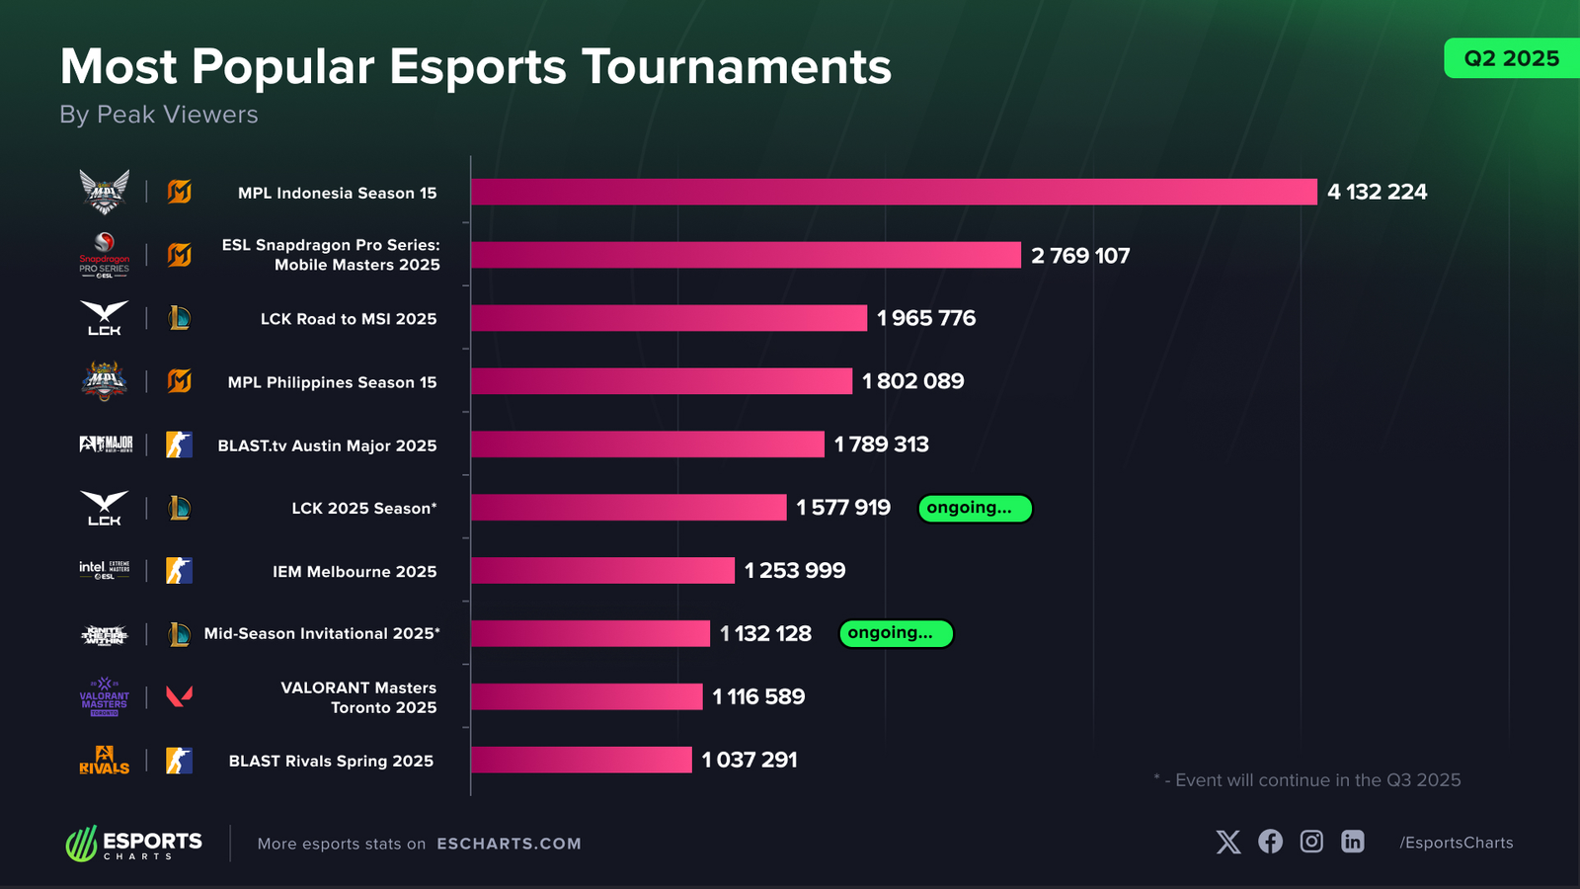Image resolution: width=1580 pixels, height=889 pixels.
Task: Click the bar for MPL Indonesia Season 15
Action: [x=894, y=192]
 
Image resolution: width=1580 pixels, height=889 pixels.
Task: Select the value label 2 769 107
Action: [x=1080, y=256]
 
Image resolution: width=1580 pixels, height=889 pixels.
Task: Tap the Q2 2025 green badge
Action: [x=1511, y=58]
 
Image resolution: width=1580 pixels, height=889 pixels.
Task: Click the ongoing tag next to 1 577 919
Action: [x=975, y=508]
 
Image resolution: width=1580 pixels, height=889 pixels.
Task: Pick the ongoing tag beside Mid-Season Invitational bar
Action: [x=896, y=633]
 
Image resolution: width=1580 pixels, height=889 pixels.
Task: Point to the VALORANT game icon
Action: [x=179, y=696]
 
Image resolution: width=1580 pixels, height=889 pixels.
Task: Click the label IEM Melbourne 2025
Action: [x=355, y=571]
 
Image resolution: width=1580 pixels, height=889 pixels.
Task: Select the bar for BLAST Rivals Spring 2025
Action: [x=581, y=760]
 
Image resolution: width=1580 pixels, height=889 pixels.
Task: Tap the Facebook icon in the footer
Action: [x=1270, y=842]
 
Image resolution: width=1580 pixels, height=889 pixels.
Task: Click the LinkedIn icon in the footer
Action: [x=1353, y=842]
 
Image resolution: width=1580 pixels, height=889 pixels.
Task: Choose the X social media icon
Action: [x=1228, y=842]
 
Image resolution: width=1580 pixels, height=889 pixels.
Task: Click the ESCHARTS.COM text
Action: [x=509, y=844]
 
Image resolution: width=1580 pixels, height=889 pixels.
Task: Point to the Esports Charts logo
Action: [x=134, y=844]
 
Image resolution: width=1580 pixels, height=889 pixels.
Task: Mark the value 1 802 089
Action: [x=913, y=381]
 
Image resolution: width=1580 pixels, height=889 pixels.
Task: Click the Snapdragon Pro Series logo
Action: [x=105, y=255]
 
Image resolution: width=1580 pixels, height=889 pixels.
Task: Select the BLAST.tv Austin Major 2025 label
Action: [x=327, y=445]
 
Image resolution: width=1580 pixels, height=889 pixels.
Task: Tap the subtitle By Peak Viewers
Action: [x=159, y=115]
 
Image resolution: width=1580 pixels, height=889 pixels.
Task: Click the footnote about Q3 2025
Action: [x=1307, y=780]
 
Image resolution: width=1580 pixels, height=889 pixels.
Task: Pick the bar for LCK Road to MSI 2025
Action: [x=669, y=318]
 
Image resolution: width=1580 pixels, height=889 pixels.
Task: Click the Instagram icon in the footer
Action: [x=1311, y=842]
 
